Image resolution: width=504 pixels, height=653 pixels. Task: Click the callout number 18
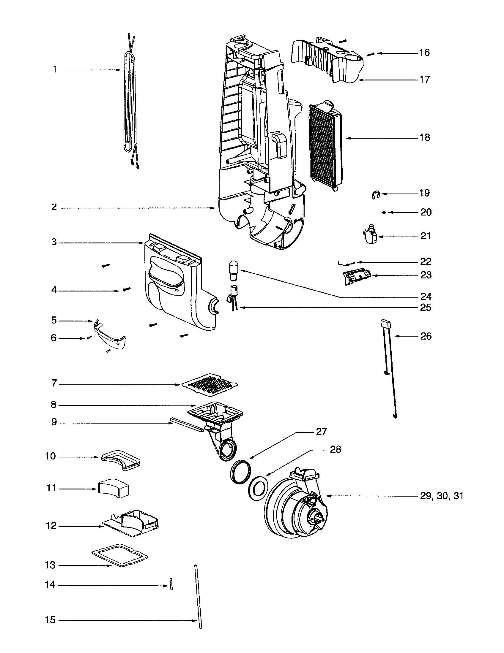[x=425, y=137]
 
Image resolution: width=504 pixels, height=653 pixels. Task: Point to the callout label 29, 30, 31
[x=442, y=496]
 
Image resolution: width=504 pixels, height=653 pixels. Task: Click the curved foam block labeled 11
[x=114, y=489]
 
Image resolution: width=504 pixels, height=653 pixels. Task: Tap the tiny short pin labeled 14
[x=171, y=584]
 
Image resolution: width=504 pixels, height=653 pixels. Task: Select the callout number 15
[x=50, y=620]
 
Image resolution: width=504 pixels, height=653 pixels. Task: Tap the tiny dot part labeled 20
[x=384, y=212]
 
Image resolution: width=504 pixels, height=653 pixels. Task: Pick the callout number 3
[x=54, y=242]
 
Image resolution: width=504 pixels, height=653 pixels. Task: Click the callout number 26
[x=426, y=336]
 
